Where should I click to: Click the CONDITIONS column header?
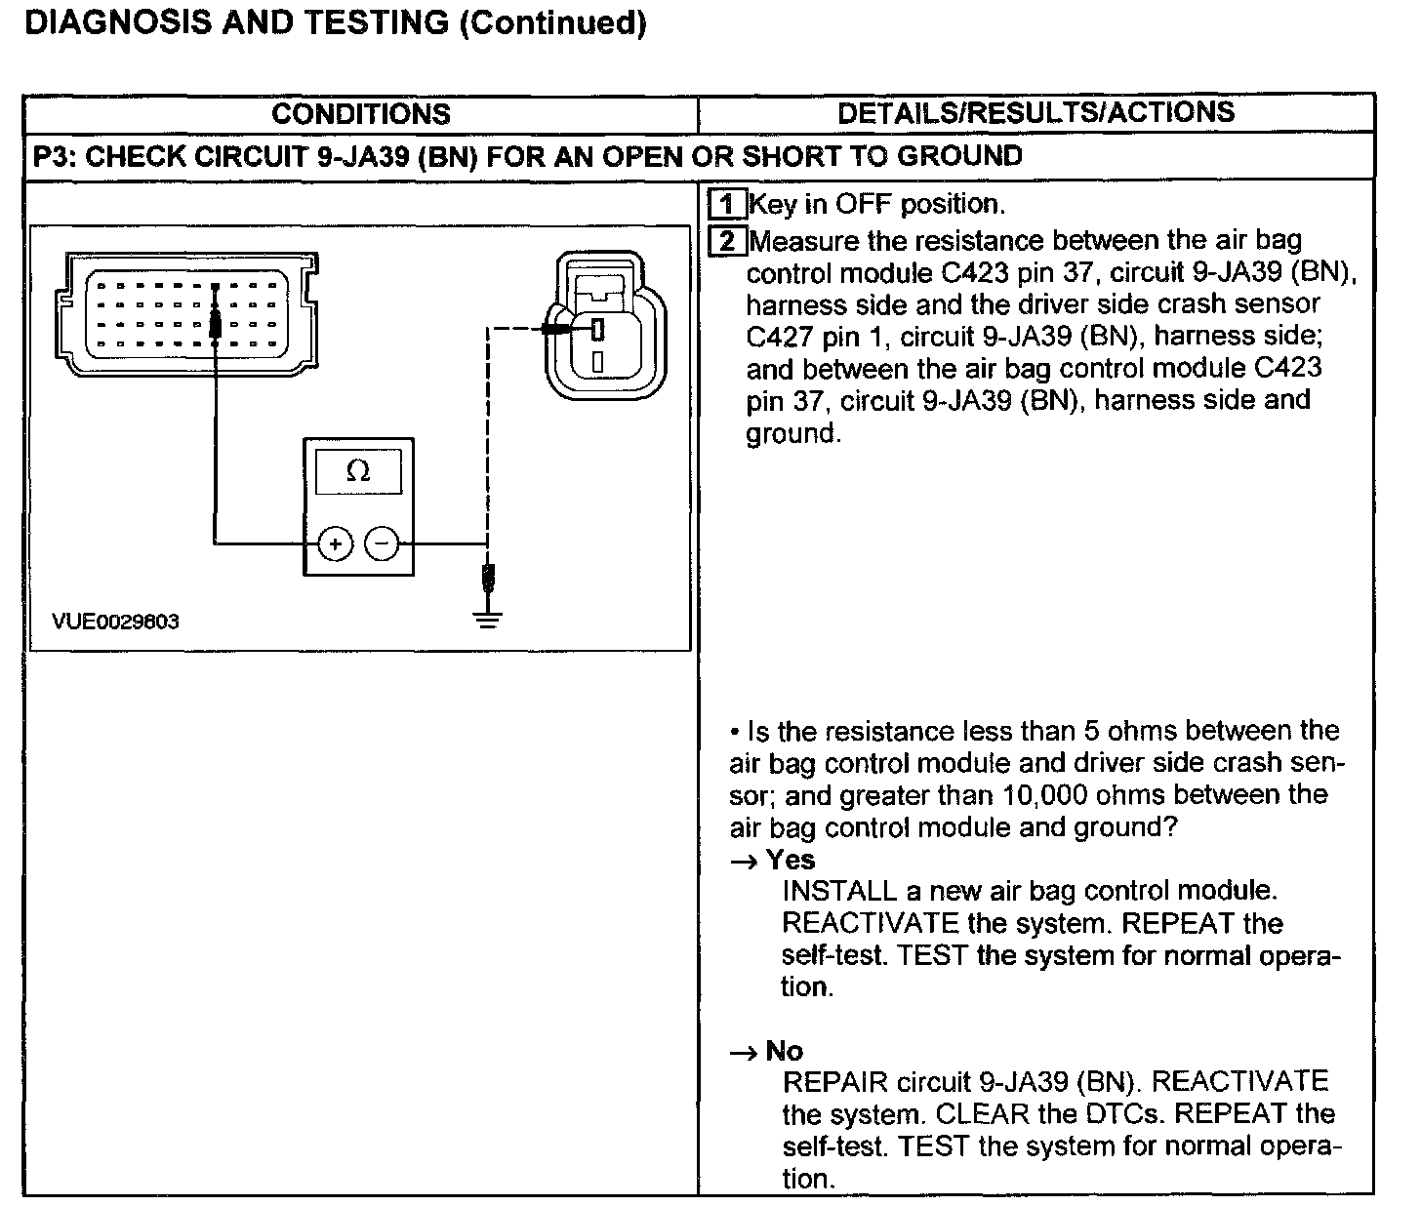pos(360,114)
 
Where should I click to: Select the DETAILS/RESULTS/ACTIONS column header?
pos(1035,112)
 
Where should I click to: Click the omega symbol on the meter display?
pos(358,472)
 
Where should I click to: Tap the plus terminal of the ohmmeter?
pos(335,543)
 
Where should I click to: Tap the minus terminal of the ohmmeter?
pos(383,543)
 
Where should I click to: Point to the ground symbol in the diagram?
pos(489,618)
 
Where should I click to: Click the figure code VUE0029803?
pos(116,622)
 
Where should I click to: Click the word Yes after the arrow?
pos(790,860)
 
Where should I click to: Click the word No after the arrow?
pos(784,1051)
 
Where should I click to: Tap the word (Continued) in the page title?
pos(552,22)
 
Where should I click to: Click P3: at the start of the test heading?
pos(55,156)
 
